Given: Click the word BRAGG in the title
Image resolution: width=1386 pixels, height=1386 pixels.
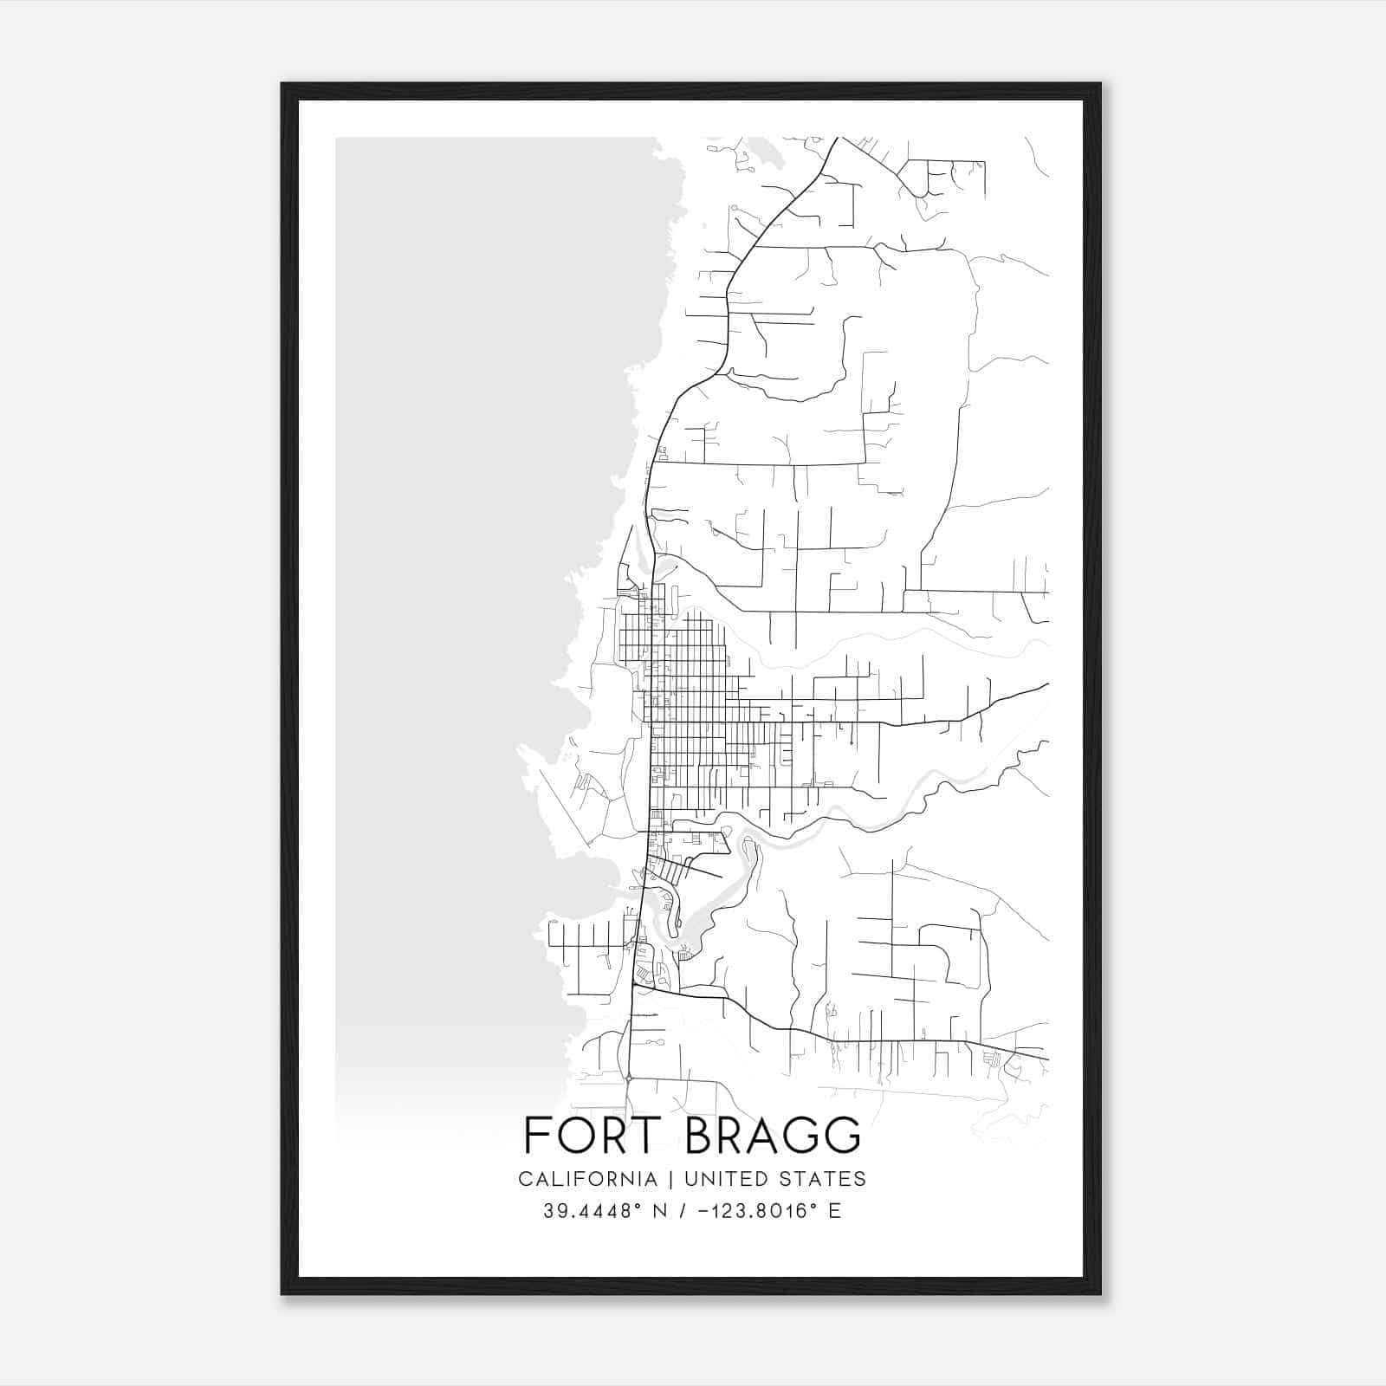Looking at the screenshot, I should click(x=773, y=1136).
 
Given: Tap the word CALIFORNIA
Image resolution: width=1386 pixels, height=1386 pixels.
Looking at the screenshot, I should click(x=587, y=1179).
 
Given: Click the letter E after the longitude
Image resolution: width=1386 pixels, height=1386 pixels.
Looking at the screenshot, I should click(x=834, y=1211).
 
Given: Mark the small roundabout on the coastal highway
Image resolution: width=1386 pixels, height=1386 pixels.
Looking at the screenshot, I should click(x=629, y=1078).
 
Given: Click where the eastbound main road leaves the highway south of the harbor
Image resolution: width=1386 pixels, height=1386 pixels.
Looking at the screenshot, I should click(x=635, y=985).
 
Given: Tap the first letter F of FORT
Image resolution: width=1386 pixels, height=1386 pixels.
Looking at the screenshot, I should click(x=535, y=1136).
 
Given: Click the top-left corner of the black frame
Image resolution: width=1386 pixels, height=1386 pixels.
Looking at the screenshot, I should click(x=282, y=84).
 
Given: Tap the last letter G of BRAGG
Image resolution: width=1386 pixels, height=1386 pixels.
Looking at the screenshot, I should click(x=844, y=1136).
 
